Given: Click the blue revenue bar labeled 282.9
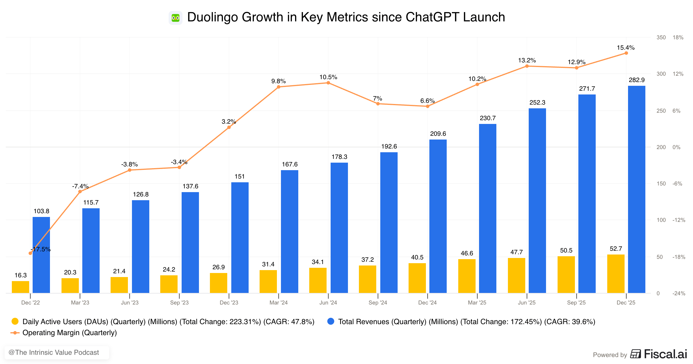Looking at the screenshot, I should point(636,189).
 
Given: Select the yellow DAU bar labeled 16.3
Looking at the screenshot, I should point(21,287).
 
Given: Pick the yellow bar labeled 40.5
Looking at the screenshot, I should point(417,278).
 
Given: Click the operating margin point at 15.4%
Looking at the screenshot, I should point(626,53).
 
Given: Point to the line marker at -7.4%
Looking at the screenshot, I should point(80,192).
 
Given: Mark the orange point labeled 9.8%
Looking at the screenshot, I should point(278,87).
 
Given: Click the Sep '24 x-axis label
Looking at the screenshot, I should point(378,303).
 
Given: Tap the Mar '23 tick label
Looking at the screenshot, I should point(80,303).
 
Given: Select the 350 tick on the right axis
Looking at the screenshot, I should point(661,38).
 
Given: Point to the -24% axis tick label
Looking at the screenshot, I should point(679,294).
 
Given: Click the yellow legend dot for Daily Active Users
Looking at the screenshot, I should point(15,322).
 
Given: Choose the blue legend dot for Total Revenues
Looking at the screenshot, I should point(331,322).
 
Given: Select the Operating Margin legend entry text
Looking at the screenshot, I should point(70,333).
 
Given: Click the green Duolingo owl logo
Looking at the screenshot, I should point(175,18).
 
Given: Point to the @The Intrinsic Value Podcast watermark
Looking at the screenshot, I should point(54,352).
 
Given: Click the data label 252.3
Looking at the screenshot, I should point(537,103).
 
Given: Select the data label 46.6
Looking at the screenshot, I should point(467,253).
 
